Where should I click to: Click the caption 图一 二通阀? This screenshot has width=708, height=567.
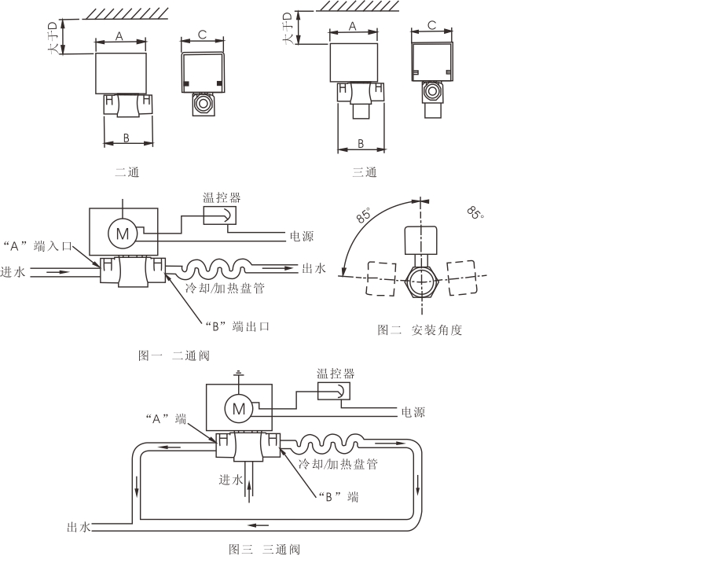(174, 355)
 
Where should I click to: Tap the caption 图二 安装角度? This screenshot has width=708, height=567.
(420, 330)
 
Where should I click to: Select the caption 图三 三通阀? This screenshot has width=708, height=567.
(264, 549)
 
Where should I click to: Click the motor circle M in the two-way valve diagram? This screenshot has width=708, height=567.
(123, 233)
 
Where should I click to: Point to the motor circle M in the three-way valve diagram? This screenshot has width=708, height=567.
(237, 408)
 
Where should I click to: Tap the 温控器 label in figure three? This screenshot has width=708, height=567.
(333, 373)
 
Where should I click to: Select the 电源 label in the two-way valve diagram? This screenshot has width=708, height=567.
(302, 237)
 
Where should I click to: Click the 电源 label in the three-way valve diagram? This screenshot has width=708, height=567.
(414, 412)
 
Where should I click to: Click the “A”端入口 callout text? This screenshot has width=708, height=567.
(39, 246)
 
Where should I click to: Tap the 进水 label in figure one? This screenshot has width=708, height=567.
(13, 272)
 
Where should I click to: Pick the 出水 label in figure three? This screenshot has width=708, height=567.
(79, 527)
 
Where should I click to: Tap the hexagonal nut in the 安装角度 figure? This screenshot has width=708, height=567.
(420, 281)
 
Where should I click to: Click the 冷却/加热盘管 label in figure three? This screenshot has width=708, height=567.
(339, 464)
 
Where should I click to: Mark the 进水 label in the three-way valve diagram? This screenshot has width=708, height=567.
(231, 480)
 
